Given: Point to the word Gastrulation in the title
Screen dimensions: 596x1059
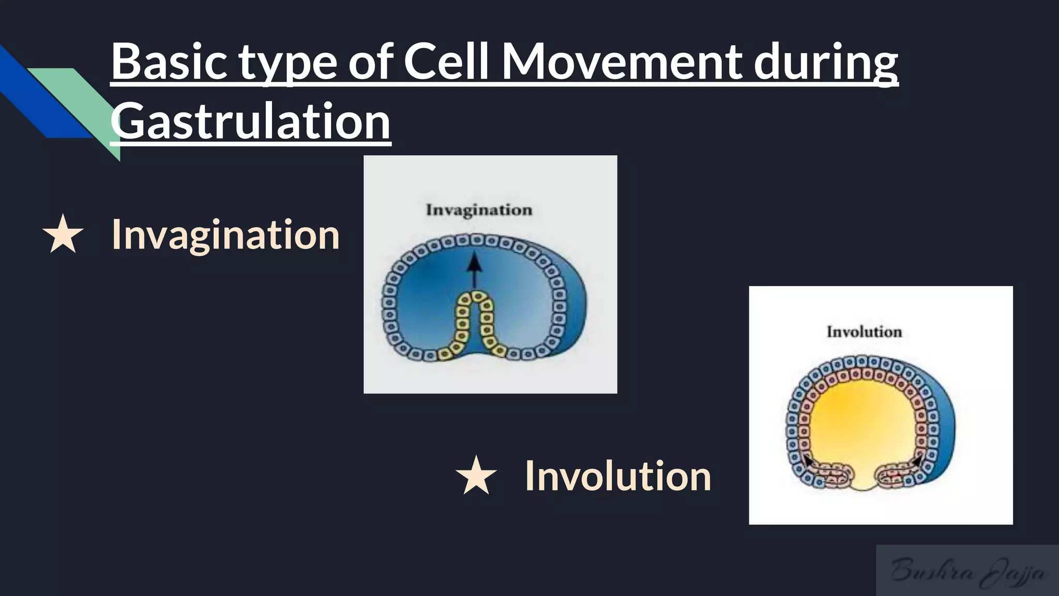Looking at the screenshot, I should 250,121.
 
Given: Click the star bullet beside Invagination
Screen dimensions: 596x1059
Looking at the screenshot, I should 63,235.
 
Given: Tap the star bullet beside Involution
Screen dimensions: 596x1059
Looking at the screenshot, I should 476,476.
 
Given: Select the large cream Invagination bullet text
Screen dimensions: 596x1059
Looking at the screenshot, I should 225,235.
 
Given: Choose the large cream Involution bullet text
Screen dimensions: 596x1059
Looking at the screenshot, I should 618,476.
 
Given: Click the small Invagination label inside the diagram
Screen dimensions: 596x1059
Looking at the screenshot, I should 479,210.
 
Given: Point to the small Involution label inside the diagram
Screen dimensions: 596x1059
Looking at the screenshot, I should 864,332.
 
